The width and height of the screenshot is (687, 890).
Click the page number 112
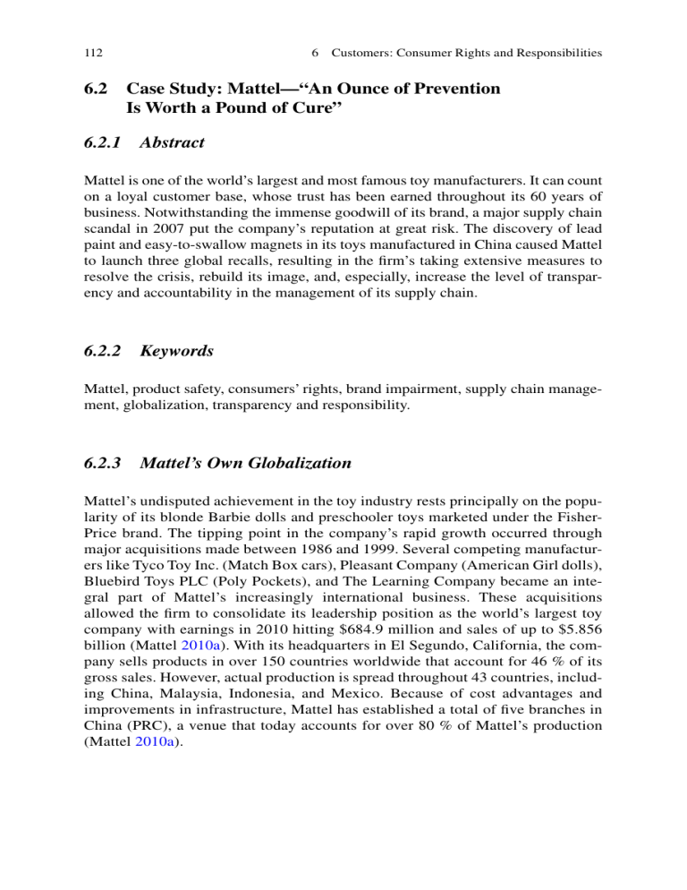(x=95, y=53)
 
